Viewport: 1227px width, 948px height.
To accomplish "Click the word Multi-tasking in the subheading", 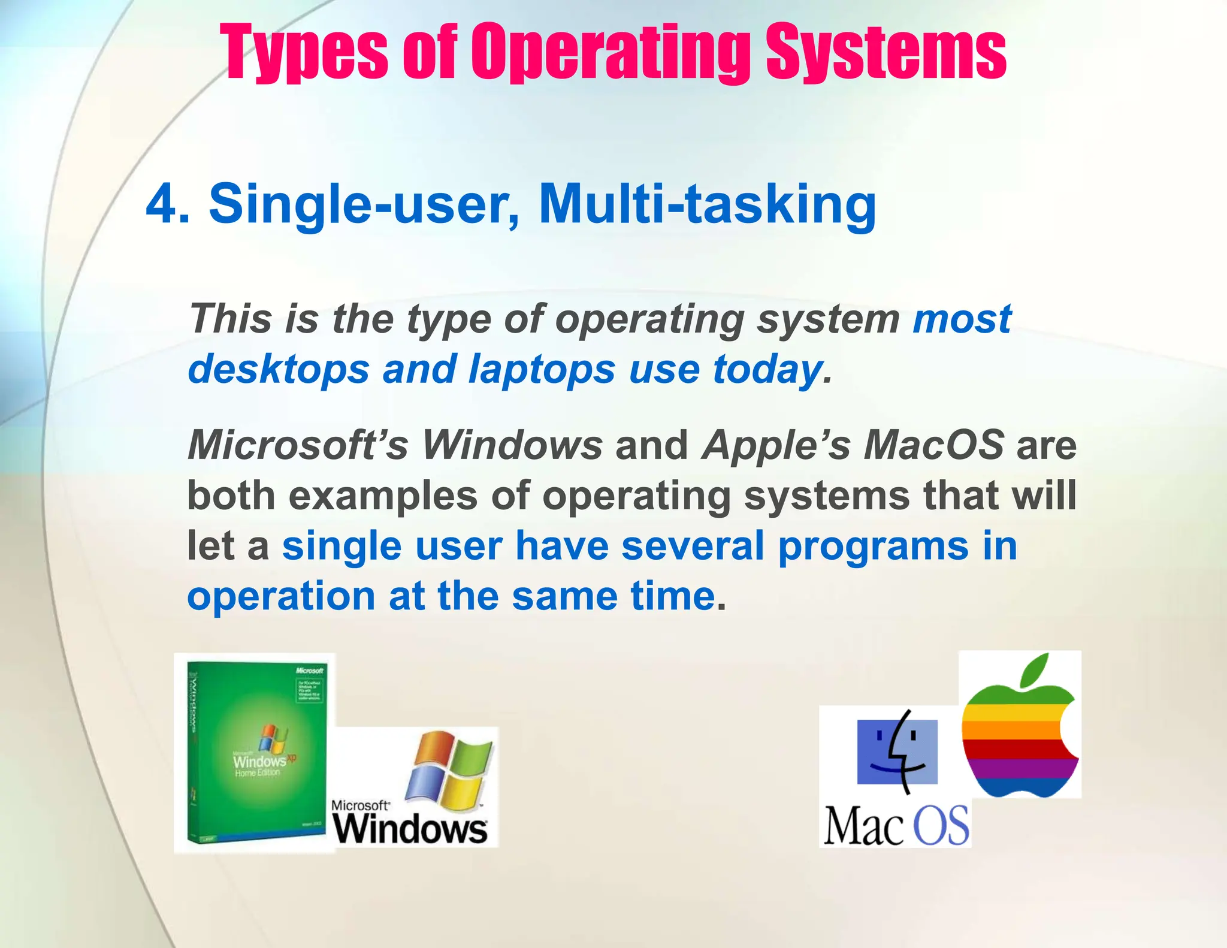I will pos(707,204).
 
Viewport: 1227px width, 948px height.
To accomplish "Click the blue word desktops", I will pos(279,369).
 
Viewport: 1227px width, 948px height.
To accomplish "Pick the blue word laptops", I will pos(542,369).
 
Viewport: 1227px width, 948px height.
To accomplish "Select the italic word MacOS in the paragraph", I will pos(933,445).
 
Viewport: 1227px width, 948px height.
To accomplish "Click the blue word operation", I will pos(281,597).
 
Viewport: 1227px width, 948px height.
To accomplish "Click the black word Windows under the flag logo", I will pos(410,829).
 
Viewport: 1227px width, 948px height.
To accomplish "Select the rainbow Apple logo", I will pos(1020,737).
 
